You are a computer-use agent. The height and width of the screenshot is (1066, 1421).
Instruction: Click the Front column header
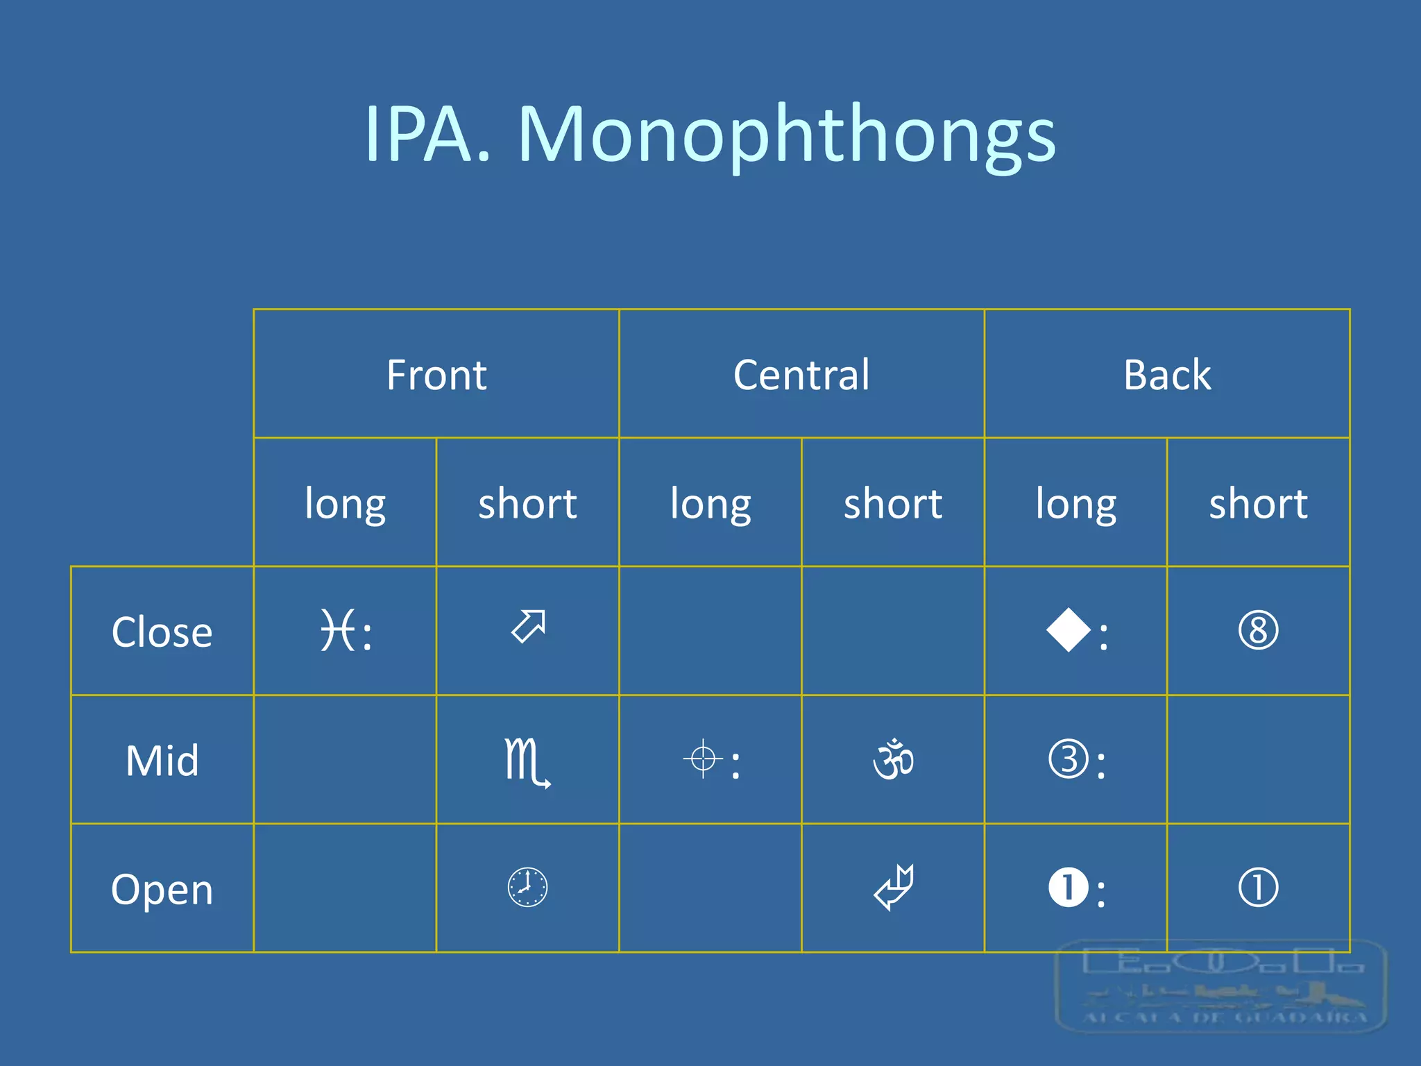436,375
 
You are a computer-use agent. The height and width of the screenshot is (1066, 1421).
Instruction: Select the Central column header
801,375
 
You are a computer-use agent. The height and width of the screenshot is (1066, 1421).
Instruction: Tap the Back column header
1167,375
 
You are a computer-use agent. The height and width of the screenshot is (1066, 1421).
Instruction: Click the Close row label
162,632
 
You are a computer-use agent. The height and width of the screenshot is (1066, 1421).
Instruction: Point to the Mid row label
162,761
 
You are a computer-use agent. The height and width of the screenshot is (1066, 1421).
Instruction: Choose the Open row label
162,889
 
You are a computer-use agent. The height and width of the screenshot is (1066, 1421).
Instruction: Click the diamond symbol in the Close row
1069,630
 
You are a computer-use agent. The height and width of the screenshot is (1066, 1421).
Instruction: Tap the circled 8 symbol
1258,630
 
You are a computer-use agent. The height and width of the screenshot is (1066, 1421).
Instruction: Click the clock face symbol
527,888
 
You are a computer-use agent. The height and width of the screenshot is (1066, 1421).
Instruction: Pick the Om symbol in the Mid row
893,759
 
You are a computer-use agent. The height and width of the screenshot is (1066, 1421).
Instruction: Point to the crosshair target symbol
703,759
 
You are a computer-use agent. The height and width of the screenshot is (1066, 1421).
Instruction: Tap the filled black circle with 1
1069,888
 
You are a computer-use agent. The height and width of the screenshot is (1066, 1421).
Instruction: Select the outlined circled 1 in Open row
1258,888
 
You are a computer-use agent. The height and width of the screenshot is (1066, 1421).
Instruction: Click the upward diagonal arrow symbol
529,626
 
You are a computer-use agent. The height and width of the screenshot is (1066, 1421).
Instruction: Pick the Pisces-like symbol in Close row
339,630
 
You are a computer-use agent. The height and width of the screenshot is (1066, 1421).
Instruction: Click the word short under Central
893,503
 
